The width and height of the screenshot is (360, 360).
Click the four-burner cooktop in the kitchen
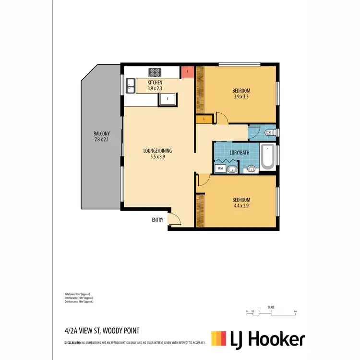[x=155, y=72]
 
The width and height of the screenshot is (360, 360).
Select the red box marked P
[x=187, y=72]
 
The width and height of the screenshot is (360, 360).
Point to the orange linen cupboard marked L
[x=204, y=119]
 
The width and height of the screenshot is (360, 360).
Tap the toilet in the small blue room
[x=268, y=132]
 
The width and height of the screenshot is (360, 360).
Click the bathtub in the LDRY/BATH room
[x=267, y=156]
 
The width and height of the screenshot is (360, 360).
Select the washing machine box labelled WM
[x=220, y=168]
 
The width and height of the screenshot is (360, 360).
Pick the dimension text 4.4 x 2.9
[x=241, y=205]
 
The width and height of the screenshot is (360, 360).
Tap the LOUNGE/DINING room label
[x=157, y=151]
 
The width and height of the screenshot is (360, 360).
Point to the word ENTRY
[x=157, y=220]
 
